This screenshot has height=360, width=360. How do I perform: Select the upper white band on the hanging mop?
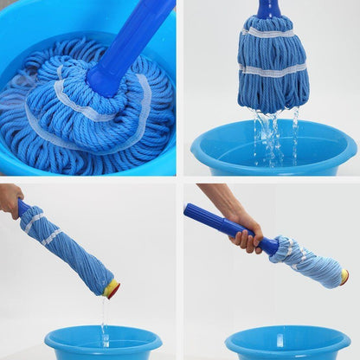(x=272, y=34)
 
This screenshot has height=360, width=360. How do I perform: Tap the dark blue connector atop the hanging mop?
(x=269, y=10)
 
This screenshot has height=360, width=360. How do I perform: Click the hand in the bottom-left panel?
(x=10, y=199)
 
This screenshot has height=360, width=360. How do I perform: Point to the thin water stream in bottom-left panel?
(x=104, y=325)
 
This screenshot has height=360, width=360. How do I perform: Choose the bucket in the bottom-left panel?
(x=103, y=343)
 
